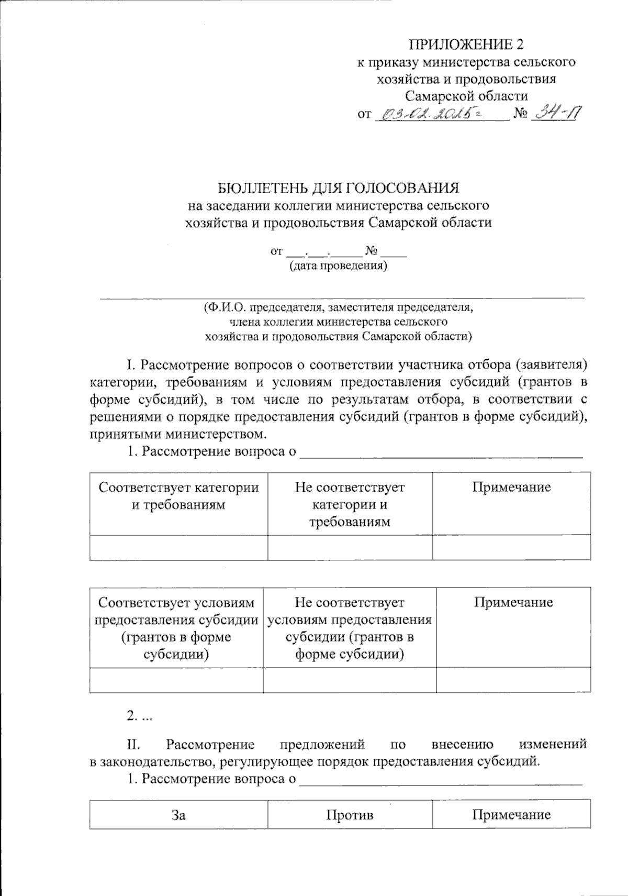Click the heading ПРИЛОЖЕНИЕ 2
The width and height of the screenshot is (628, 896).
pos(466,44)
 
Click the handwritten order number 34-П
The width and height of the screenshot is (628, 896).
pos(554,113)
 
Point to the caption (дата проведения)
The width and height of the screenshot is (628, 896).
pos(339,266)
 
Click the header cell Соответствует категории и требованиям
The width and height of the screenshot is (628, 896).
pos(178,496)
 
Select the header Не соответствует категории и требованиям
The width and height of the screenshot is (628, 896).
pos(350,504)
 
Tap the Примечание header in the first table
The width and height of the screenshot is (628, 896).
pos(511,488)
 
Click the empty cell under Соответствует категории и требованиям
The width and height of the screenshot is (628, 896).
pos(178,548)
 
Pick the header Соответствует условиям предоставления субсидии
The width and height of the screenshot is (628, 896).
pos(176,628)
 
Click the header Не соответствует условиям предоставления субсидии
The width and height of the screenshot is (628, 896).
pos(350,628)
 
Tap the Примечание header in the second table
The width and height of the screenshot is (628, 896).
pos(513,602)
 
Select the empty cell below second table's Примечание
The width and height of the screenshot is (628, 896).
pos(513,680)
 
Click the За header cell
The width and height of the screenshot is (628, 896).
pos(178,815)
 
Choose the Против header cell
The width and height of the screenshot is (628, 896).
pos(350,815)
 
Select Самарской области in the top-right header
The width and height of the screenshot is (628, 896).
pos(467,96)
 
